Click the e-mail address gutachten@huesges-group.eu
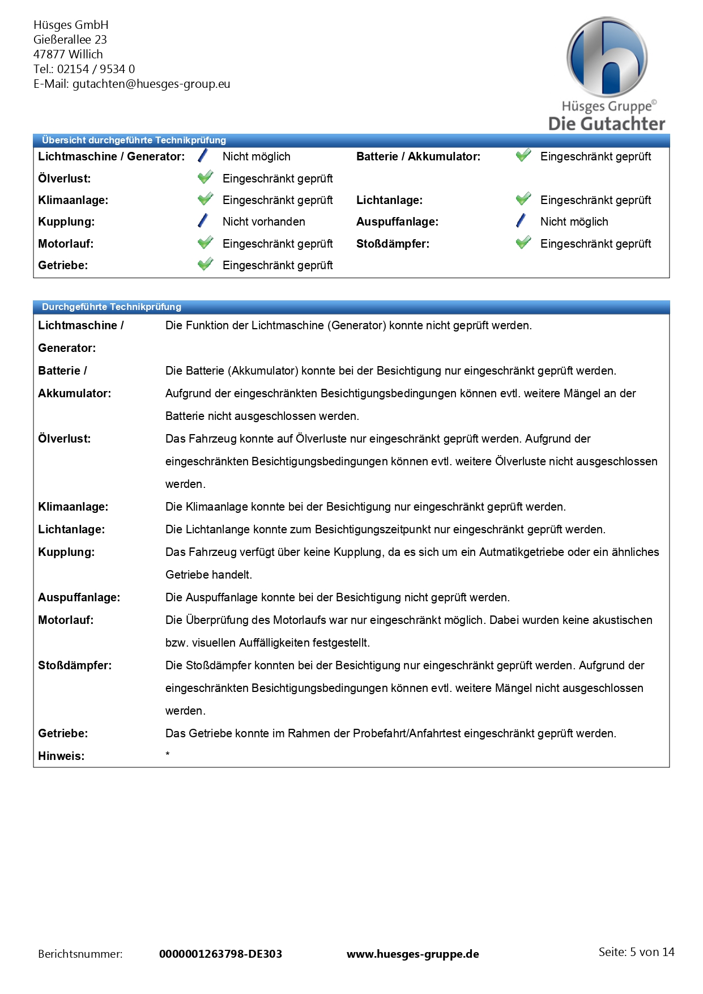click(x=151, y=84)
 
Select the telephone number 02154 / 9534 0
click(x=96, y=69)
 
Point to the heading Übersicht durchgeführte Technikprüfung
click(x=134, y=140)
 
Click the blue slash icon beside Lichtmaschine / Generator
click(x=203, y=156)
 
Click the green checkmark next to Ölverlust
click(x=205, y=178)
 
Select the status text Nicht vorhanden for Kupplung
click(x=263, y=222)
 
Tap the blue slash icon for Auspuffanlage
click(x=521, y=221)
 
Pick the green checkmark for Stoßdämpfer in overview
click(x=523, y=243)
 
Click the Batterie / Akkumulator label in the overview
click(x=418, y=156)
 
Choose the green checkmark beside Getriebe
click(x=205, y=265)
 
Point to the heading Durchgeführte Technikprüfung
click(x=112, y=307)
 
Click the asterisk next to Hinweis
click(x=168, y=754)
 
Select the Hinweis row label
click(x=61, y=756)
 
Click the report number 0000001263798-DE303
click(x=220, y=954)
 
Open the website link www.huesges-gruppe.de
click(x=412, y=954)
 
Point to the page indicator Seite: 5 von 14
click(x=636, y=952)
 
